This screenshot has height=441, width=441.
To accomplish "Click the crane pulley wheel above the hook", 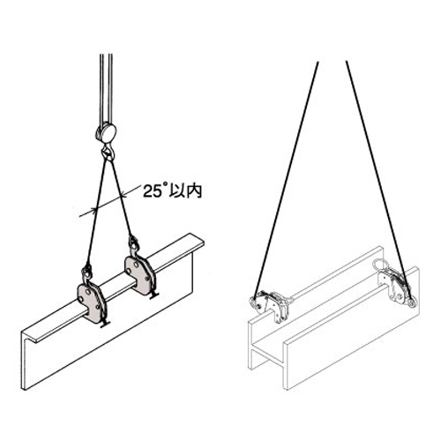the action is pos(107,131).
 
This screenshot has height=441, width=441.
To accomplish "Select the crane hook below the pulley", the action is pos(108,152).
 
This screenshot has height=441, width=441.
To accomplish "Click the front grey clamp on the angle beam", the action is pos(91,303).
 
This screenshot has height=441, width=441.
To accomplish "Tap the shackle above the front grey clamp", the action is pos(87,271).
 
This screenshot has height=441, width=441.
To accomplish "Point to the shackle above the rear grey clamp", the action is pos(134,243).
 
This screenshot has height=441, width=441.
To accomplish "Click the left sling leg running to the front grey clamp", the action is pos(96,211).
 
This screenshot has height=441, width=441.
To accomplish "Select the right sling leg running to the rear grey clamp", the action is pos(122,198).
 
